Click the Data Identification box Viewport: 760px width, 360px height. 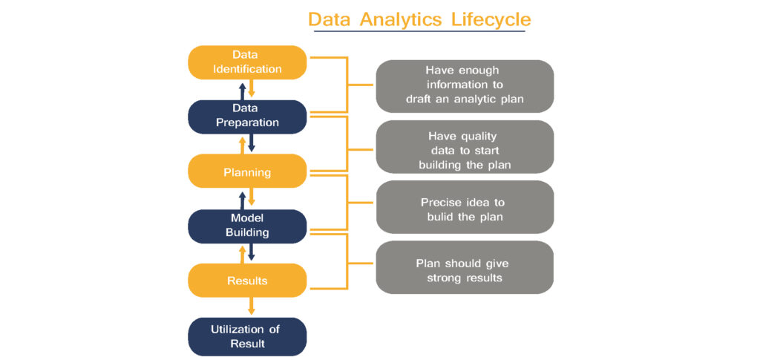coord(247,62)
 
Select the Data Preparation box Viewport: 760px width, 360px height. coord(247,116)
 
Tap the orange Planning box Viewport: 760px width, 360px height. coord(247,172)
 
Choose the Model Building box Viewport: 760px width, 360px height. coord(247,226)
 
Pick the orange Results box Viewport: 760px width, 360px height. coord(247,281)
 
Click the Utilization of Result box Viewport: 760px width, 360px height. coord(247,336)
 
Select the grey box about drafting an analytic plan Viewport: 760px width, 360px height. coord(465,85)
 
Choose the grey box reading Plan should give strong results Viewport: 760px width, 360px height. coord(465,270)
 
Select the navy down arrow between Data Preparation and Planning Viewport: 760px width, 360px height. coord(252,143)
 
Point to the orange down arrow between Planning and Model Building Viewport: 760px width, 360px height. coord(252,197)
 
